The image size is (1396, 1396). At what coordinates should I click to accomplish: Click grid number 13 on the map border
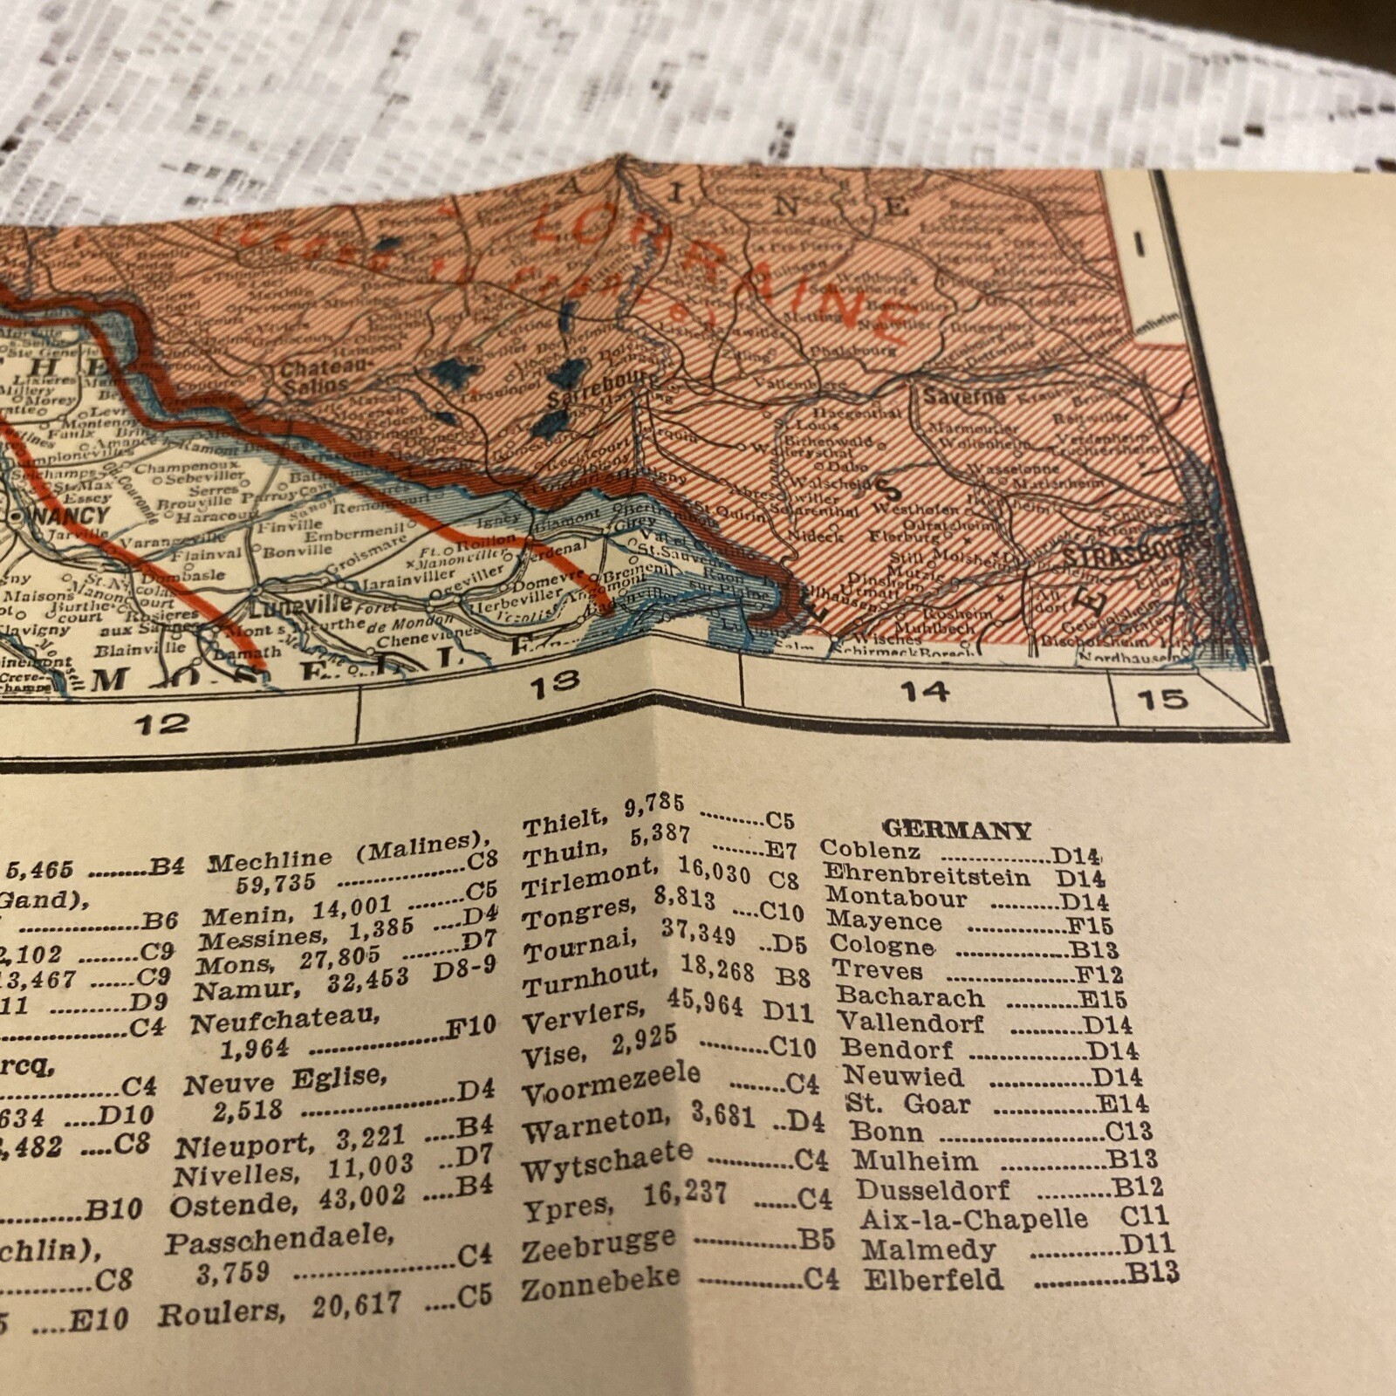tap(554, 683)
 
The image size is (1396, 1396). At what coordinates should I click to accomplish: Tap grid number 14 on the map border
tap(924, 691)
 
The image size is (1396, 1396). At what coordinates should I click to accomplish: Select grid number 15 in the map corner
tap(1162, 698)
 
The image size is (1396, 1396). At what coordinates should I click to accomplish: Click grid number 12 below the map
tap(162, 722)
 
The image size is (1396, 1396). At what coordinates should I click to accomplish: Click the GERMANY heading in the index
tap(957, 830)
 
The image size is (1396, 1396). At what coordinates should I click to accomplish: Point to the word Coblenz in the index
tap(870, 849)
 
